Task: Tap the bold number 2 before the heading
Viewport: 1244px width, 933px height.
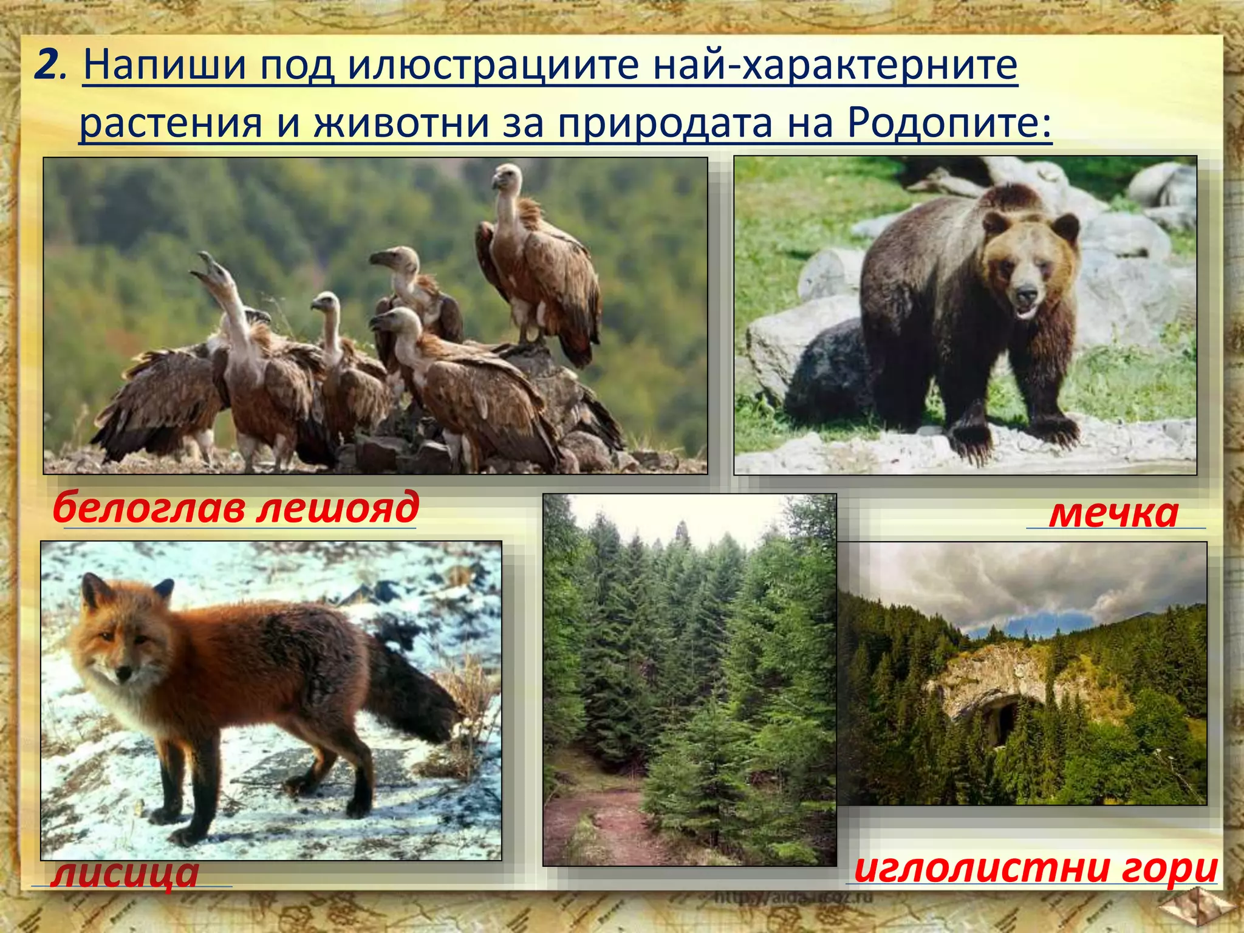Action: pyautogui.click(x=46, y=65)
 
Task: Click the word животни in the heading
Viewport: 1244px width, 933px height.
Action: pyautogui.click(x=401, y=123)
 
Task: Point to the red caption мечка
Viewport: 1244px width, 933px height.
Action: pyautogui.click(x=1113, y=513)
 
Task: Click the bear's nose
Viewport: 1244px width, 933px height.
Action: pyautogui.click(x=1027, y=296)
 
